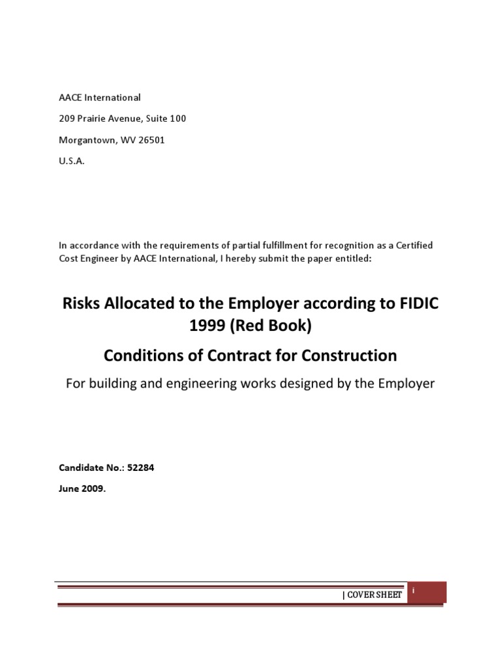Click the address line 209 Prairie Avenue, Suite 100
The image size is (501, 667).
pos(123,119)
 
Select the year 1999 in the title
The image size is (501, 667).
pos(207,326)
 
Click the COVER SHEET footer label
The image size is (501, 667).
pos(372,595)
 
